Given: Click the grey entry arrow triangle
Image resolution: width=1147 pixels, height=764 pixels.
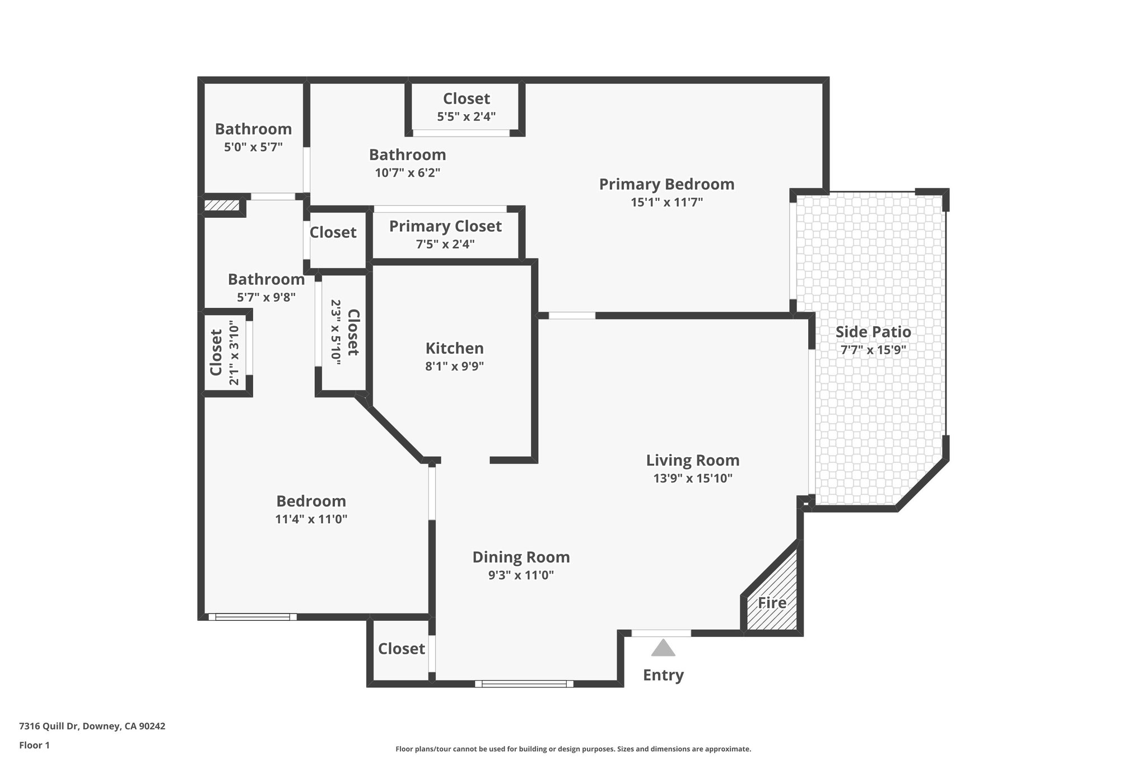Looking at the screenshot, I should [663, 648].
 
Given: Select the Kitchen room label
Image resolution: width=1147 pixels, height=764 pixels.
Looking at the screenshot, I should [454, 348].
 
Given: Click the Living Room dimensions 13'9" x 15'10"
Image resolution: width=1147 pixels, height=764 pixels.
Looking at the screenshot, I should [693, 479].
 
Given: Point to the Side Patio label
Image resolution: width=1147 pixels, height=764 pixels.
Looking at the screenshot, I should [873, 332].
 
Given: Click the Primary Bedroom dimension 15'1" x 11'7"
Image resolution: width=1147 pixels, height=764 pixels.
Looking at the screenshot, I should [666, 202].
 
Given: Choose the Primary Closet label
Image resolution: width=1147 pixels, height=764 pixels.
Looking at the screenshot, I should [445, 226].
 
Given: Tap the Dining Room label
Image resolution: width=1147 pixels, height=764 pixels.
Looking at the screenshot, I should [521, 557].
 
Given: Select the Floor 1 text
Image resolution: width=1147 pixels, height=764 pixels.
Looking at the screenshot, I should [34, 746].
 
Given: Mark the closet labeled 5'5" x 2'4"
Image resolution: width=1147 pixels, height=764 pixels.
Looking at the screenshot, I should [466, 107].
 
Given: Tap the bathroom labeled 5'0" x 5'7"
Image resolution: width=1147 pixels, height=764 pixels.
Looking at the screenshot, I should [253, 138].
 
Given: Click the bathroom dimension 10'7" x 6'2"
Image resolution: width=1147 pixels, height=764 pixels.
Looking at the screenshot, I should [407, 173].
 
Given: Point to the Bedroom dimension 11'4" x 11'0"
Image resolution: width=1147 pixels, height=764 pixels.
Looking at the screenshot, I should [311, 519].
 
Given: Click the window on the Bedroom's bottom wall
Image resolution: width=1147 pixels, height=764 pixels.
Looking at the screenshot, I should [253, 617].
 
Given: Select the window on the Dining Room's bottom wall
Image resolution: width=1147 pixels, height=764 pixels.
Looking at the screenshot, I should [524, 683].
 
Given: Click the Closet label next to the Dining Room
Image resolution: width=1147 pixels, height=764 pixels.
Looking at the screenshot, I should [401, 649].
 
